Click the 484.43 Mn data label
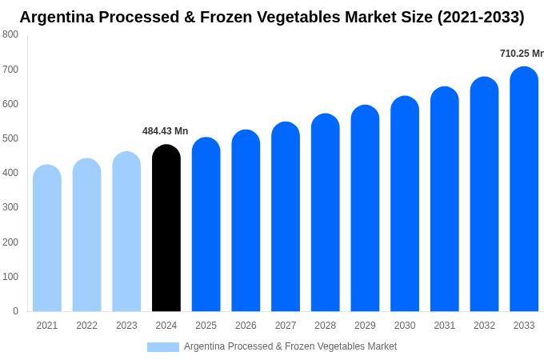click(166, 131)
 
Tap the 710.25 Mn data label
click(522, 54)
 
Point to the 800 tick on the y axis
click(10, 34)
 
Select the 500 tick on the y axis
click(10, 138)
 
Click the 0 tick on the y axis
click(15, 311)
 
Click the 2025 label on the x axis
click(206, 326)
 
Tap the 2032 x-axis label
click(484, 326)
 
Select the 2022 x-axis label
click(86, 326)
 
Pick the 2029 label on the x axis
click(365, 326)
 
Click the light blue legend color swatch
click(163, 347)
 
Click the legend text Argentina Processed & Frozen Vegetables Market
click(290, 346)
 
